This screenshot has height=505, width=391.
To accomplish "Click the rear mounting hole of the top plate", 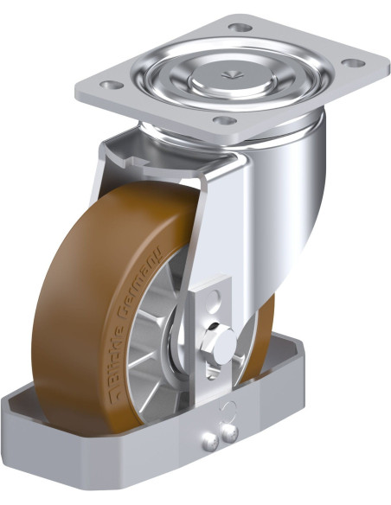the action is pos(240,28).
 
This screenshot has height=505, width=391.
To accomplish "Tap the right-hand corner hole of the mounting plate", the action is pos(353,63).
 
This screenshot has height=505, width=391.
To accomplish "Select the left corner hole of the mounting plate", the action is pos(112,85).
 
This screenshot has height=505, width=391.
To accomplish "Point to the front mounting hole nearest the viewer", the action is pos(225,120).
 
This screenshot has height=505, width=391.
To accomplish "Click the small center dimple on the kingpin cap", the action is pos(232,74).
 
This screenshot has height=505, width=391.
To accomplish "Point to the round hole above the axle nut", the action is pos(213,297).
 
